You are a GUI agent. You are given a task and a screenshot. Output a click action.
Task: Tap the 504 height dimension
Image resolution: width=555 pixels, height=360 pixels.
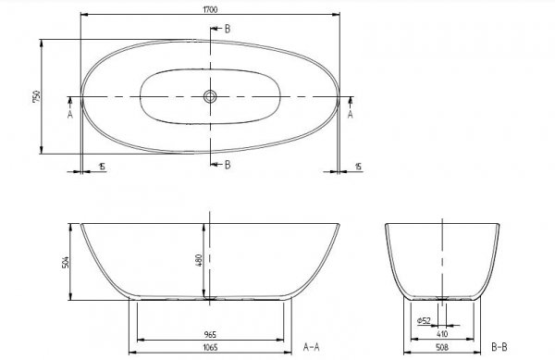point(66,262)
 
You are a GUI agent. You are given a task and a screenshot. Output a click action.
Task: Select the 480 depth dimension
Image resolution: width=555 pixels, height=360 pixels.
point(199,260)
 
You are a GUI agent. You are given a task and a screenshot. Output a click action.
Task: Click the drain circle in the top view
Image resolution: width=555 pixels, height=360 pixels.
point(211,95)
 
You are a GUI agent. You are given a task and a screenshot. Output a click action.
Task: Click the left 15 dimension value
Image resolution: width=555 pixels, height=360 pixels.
point(100,166)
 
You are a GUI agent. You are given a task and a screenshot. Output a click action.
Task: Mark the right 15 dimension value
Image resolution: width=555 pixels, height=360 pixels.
point(358,166)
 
